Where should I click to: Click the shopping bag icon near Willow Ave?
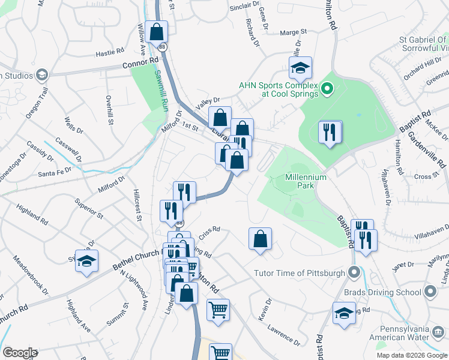156,31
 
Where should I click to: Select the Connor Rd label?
140,61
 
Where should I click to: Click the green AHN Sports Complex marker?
327,90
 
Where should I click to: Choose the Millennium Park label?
306,182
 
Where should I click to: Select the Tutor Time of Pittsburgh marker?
354,272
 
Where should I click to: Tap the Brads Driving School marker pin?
430,292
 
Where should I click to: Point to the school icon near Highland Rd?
86,261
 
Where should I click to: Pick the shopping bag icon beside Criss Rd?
260,239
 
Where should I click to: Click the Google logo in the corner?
20,353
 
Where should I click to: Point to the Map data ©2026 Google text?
412,355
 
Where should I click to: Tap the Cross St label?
423,176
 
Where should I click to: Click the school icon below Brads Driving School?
344,313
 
